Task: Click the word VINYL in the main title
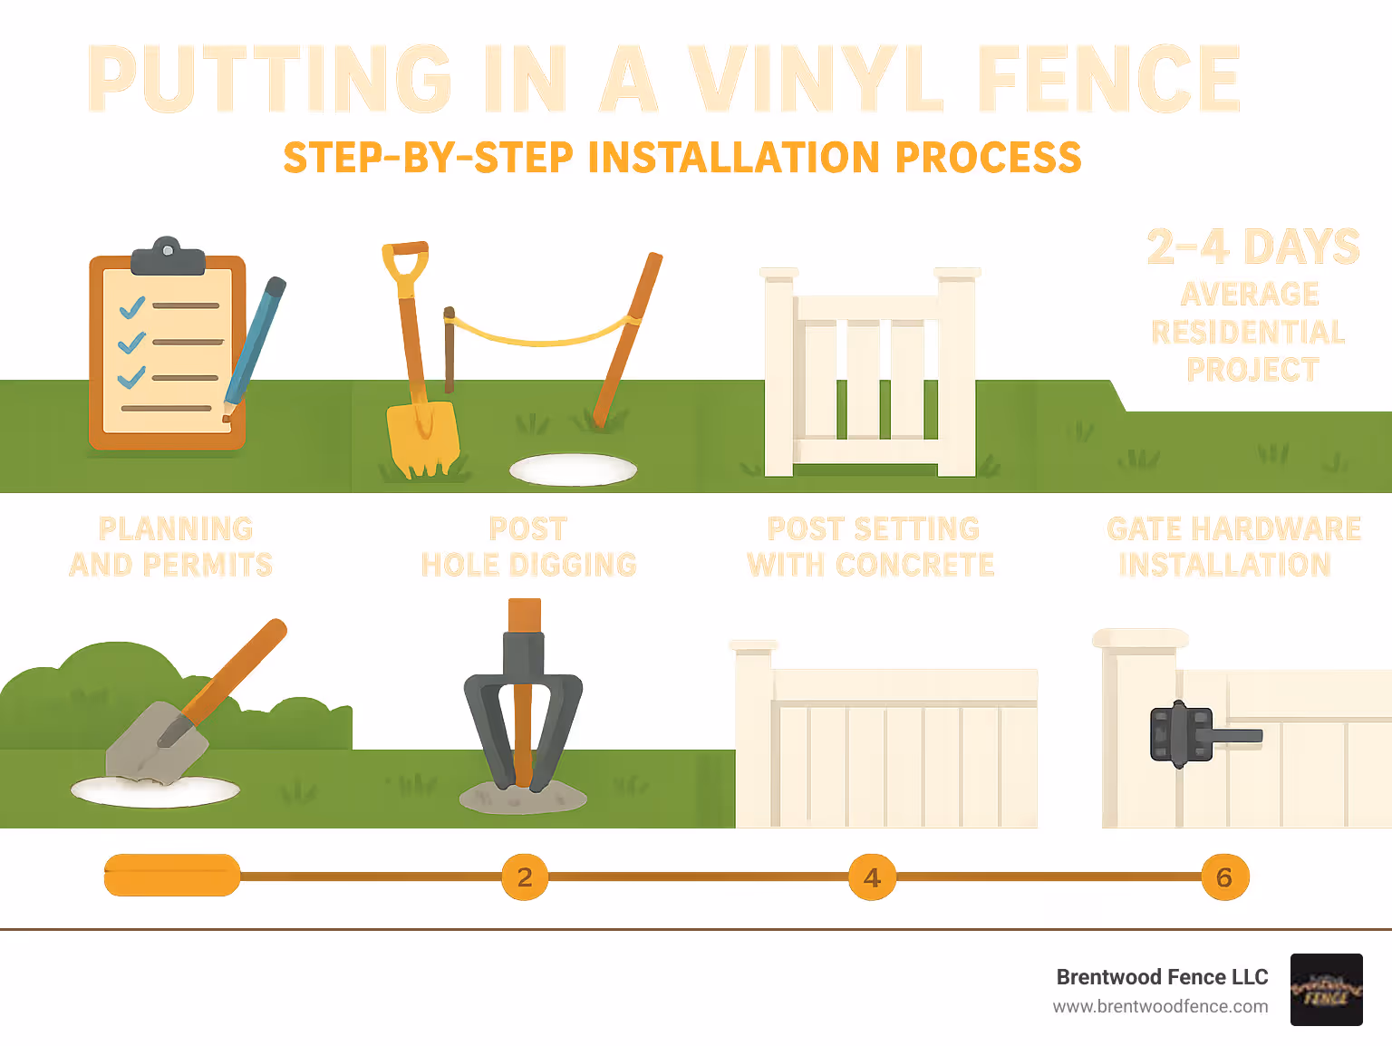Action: tap(816, 79)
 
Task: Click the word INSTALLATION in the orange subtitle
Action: tap(733, 158)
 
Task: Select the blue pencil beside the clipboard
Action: tap(254, 344)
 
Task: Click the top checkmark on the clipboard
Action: tap(132, 307)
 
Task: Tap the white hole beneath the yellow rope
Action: tap(573, 470)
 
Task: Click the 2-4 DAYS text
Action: tap(1252, 247)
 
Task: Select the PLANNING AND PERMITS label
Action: tap(171, 547)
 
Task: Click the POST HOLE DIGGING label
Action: tap(528, 547)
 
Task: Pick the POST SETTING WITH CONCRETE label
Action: tap(871, 547)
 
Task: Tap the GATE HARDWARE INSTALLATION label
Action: tap(1232, 547)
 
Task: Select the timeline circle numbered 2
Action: tap(525, 877)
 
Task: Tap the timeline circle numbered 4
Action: tap(872, 877)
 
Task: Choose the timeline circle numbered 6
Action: tap(1224, 877)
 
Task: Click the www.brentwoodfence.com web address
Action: tap(1160, 1006)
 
